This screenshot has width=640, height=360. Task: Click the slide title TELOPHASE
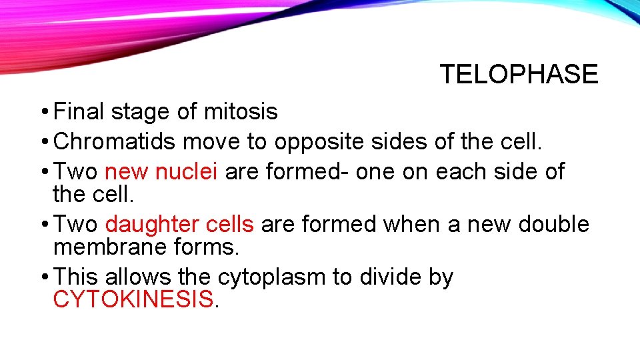pos(519,74)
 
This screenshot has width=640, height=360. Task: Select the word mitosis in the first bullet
pos(240,112)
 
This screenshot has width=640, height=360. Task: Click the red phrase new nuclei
pos(161,171)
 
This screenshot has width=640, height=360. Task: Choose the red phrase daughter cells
pos(179,224)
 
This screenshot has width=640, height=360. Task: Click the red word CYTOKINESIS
pos(133,300)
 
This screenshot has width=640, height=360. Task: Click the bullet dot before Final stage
pos(43,112)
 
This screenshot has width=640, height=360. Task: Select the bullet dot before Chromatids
pos(43,141)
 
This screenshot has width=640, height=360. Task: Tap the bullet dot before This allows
pos(43,277)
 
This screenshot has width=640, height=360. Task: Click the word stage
pos(141,112)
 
